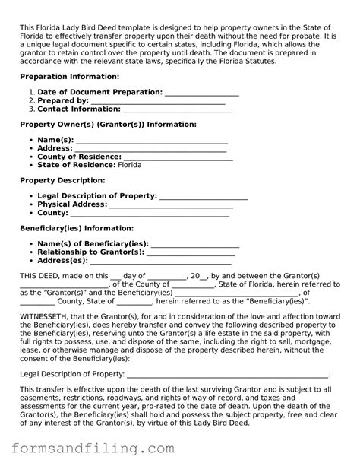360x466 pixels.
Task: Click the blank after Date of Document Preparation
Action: (201, 92)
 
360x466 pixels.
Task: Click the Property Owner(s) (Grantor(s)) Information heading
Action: (107, 125)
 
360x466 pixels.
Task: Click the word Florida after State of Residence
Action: (129, 165)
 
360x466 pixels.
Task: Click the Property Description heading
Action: (62, 180)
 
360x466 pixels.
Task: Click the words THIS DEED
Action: (40, 275)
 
